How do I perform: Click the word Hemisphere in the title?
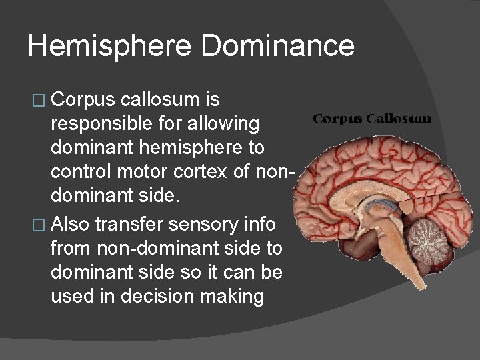pos(109,46)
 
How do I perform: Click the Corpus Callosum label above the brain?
pos(372,119)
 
